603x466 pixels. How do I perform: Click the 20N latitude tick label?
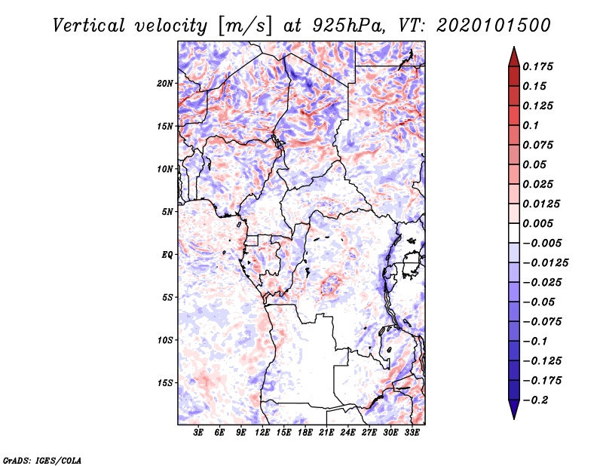pos(165,83)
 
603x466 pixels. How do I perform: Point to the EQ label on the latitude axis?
pos(167,254)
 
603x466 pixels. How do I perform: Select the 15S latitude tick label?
pos(165,382)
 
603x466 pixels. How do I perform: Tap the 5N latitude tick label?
pos(167,211)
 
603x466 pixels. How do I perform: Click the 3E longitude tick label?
pos(199,433)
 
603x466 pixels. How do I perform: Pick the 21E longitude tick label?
pos(326,433)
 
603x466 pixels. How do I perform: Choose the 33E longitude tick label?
pos(412,433)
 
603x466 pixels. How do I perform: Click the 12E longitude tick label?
pos(263,433)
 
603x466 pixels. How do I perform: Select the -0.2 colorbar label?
pos(538,400)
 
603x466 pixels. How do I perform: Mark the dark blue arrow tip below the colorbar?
pos(513,414)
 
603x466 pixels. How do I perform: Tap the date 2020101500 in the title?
pos(493,26)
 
